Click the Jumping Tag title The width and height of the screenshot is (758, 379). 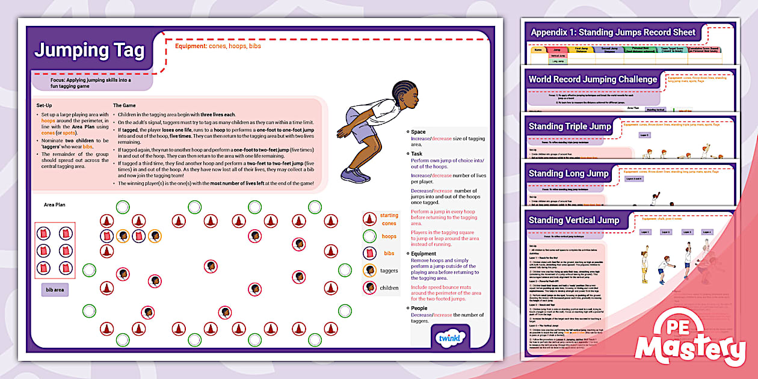click(89, 51)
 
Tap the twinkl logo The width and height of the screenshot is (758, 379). click(446, 339)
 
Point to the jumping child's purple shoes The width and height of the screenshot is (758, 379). click(354, 175)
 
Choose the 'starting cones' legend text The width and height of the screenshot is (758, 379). click(389, 219)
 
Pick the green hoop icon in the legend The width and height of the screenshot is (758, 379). click(369, 236)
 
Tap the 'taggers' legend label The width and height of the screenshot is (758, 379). click(389, 271)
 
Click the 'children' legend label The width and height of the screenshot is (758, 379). click(389, 288)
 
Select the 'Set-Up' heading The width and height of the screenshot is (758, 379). click(45, 105)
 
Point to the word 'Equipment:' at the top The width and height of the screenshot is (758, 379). click(191, 46)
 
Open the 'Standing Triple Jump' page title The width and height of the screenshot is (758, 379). click(569, 126)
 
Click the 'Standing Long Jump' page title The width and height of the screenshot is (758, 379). click(568, 174)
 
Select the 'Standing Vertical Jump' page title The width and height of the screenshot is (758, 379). click(573, 220)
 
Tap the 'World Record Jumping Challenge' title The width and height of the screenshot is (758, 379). click(593, 79)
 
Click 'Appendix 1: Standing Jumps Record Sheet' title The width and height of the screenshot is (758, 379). click(612, 32)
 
